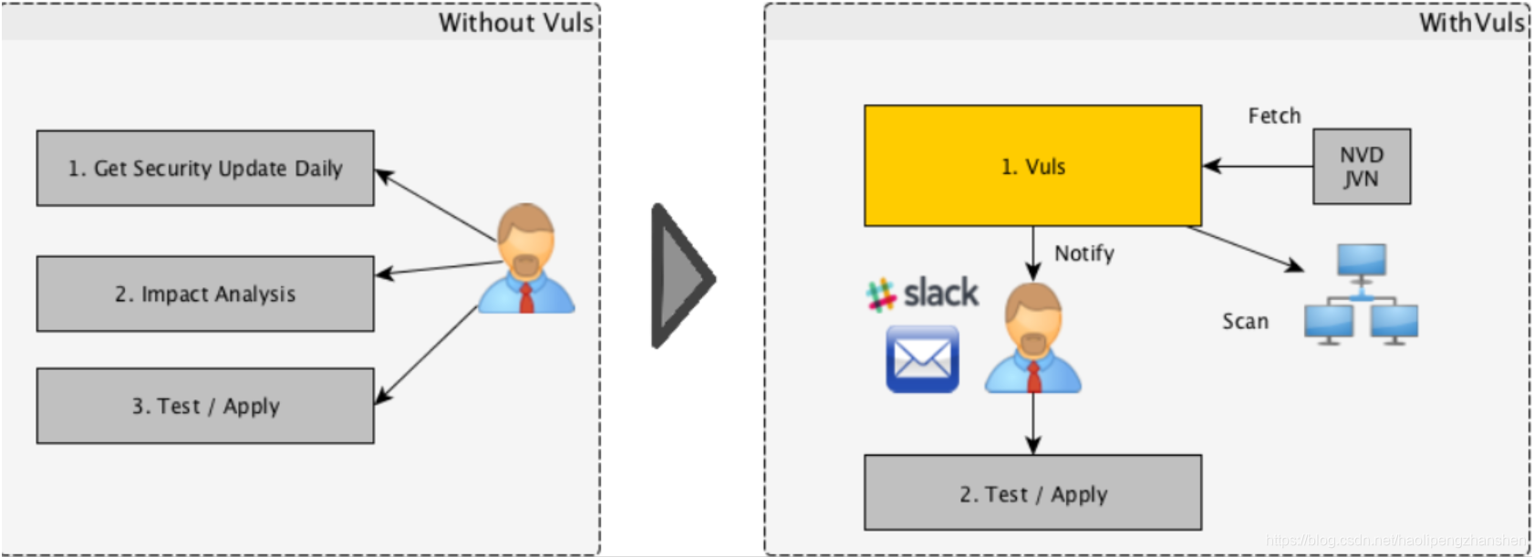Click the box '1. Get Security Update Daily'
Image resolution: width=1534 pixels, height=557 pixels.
(x=205, y=168)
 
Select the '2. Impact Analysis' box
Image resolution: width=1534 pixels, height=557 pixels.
(x=205, y=294)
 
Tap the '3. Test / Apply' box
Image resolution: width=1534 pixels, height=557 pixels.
(x=205, y=406)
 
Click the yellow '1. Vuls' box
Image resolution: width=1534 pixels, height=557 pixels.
(x=1032, y=166)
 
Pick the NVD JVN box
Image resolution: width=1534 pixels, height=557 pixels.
(x=1361, y=166)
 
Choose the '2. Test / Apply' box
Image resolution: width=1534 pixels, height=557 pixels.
(x=1032, y=493)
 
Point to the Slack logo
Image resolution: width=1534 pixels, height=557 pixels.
(x=922, y=294)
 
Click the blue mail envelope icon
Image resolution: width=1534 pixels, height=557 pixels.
(x=922, y=359)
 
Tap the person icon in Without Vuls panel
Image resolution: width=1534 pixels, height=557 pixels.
(x=526, y=260)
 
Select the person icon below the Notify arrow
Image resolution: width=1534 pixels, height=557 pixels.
(x=1032, y=338)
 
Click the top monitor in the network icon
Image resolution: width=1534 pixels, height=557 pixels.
(x=1361, y=261)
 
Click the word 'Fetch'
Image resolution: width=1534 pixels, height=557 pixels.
(x=1274, y=116)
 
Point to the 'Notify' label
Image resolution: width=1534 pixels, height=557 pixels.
(x=1083, y=253)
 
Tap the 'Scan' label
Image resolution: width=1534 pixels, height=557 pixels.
(x=1245, y=321)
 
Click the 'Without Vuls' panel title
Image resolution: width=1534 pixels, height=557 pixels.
(x=515, y=22)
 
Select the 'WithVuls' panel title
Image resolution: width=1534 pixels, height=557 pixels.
(x=1471, y=22)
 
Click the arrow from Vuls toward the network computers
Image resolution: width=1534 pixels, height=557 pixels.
(x=1246, y=249)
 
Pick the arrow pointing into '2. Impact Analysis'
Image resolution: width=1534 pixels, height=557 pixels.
(x=438, y=268)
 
